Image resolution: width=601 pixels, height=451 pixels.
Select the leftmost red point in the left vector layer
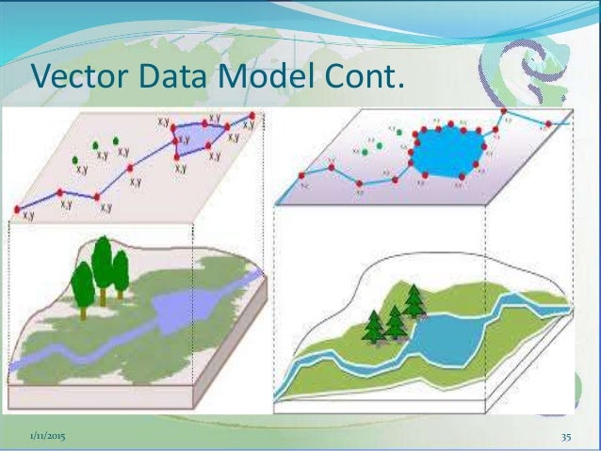coord(16,209)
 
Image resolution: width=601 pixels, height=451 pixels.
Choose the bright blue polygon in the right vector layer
coord(446,151)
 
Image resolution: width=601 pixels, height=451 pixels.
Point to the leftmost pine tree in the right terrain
coord(376,325)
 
